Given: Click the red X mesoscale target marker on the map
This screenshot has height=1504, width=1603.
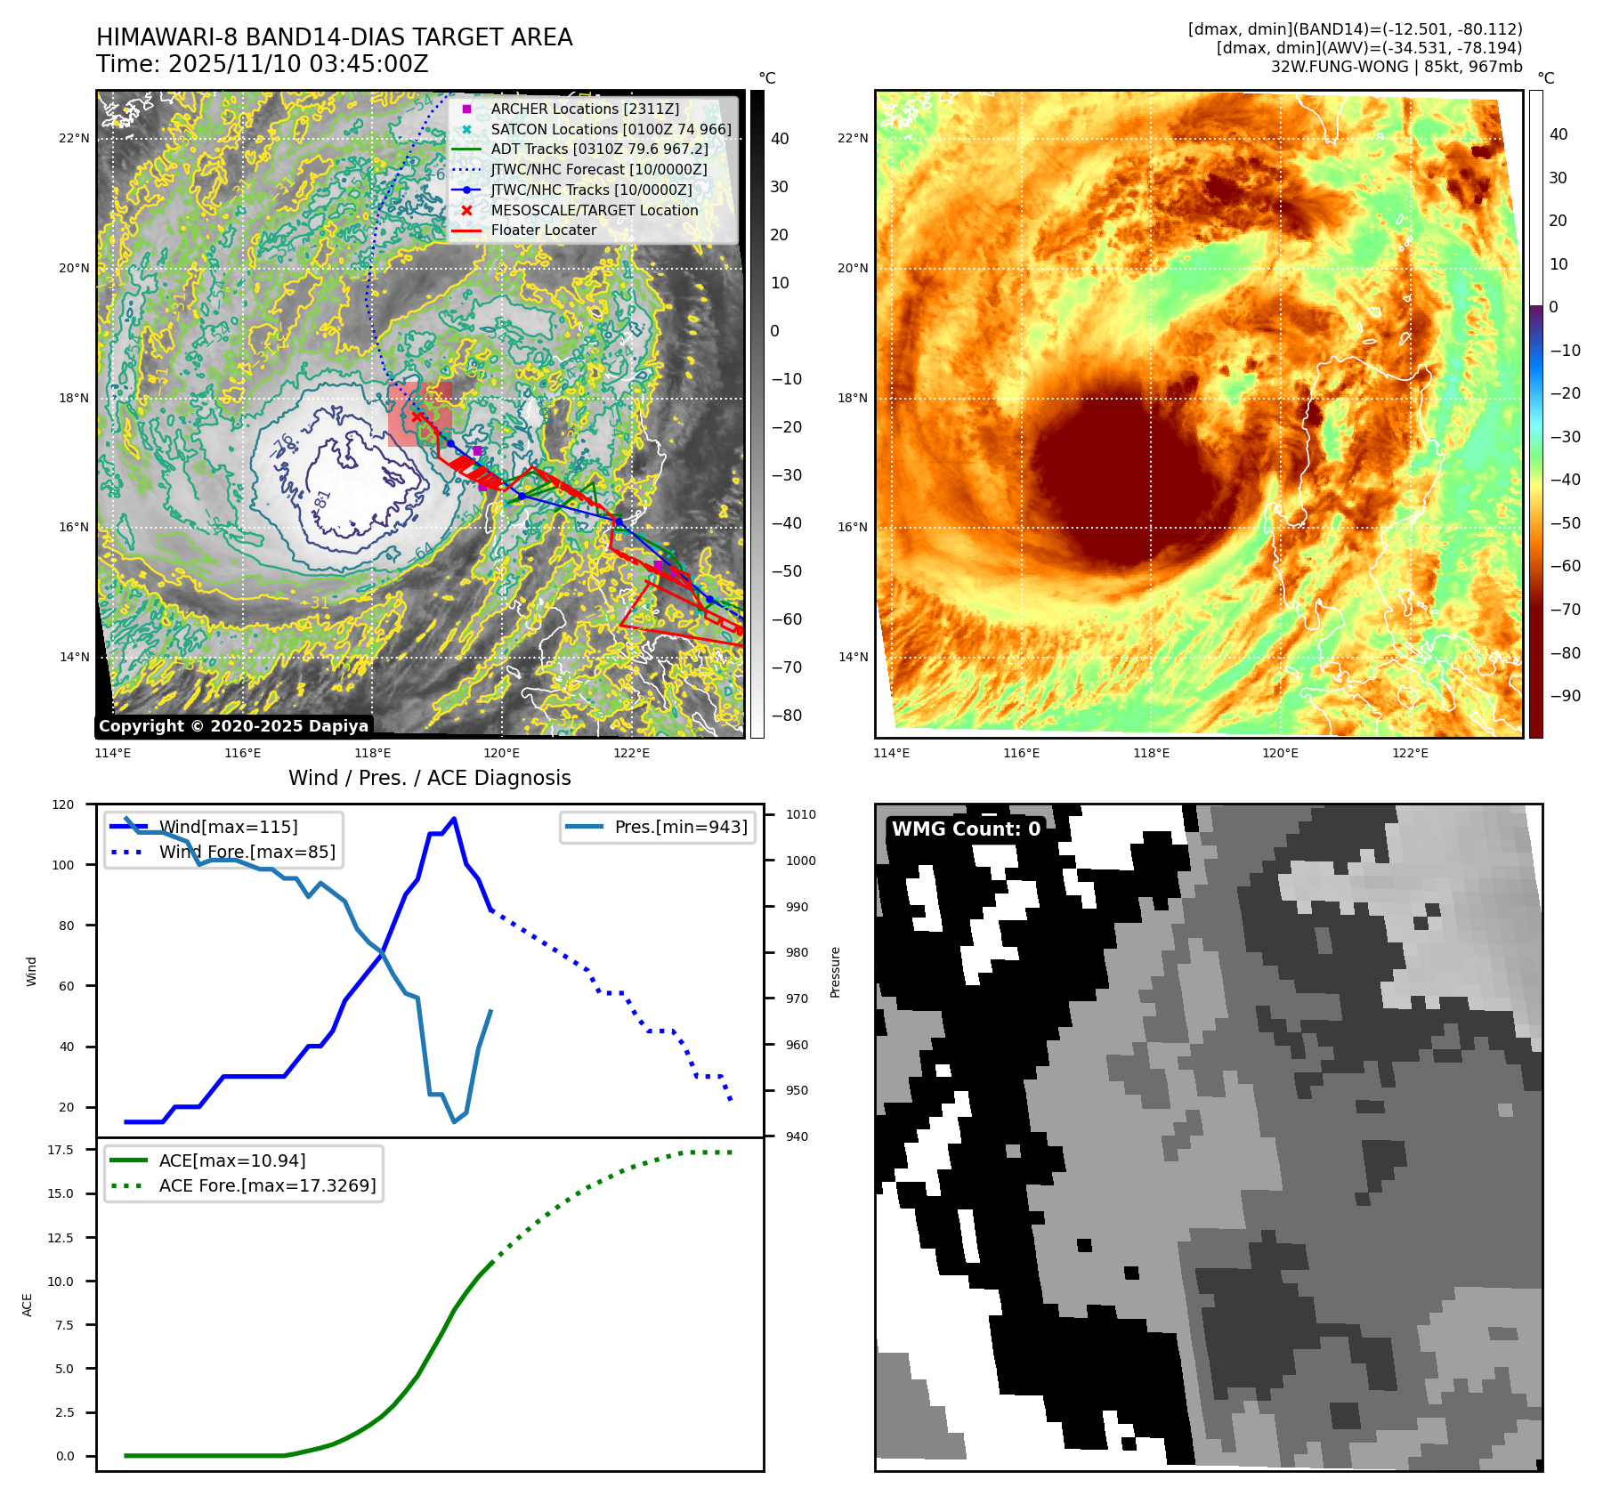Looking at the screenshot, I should pos(417,416).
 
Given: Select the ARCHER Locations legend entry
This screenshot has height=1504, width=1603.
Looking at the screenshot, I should pos(585,109).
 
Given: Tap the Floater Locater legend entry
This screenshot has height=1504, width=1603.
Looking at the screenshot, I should pos(543,230).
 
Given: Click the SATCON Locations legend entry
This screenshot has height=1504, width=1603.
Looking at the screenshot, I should pos(611,129).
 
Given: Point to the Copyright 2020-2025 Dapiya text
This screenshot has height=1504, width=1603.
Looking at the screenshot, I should pos(233,726).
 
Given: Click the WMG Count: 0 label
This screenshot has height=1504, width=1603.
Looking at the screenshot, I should pos(966,829).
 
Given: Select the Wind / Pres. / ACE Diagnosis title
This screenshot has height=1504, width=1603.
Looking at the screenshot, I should pos(429,778).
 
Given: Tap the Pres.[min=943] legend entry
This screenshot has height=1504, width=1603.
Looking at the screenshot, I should pos(681,827).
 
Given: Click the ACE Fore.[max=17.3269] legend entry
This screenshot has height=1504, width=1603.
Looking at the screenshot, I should pos(267,1185).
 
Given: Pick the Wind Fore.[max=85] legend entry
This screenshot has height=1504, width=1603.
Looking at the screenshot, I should pos(247,852).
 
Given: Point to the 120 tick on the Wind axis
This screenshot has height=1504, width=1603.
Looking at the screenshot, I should pos(63,805).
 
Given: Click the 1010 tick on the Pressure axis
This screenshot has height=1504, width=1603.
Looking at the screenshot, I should pos(801,814).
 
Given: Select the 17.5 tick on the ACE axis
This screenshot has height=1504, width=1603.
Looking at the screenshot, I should pos(61,1150).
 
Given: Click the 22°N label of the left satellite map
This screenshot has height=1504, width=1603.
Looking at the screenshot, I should pos(74,138).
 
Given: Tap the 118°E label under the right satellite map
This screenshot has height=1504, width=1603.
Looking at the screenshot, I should pos(1151,753).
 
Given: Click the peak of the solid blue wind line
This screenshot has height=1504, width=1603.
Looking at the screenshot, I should pos(454,819).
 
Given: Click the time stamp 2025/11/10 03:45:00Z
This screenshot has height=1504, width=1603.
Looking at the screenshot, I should pos(298,64).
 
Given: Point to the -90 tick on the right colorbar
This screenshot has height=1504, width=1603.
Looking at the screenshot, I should pos(1566,696).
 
